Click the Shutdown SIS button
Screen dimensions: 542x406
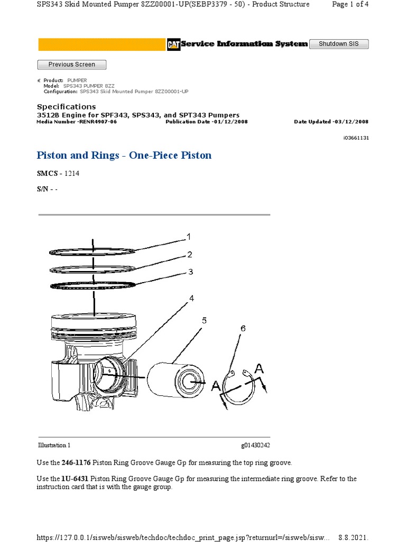338,44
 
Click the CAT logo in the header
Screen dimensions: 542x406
173,44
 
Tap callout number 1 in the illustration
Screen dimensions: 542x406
188,236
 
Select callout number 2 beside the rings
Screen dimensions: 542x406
189,255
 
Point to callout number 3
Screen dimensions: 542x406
190,272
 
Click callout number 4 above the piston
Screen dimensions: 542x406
191,299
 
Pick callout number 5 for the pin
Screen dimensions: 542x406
204,320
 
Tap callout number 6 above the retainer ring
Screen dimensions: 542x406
243,328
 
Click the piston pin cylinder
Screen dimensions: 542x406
174,381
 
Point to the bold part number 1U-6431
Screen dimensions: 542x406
75,478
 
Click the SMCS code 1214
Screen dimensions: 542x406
72,174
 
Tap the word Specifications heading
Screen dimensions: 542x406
66,106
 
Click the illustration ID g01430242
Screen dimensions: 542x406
256,445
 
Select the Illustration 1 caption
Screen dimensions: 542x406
54,445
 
